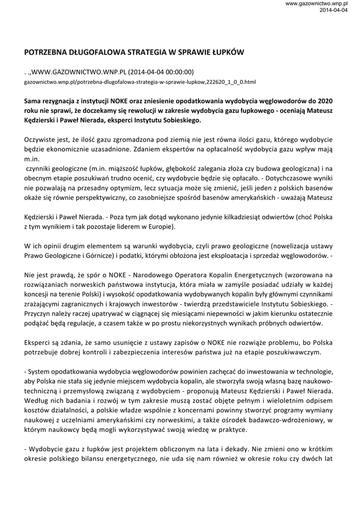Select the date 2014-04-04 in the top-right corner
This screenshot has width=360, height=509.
tap(333, 10)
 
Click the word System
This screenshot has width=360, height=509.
tap(40, 371)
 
